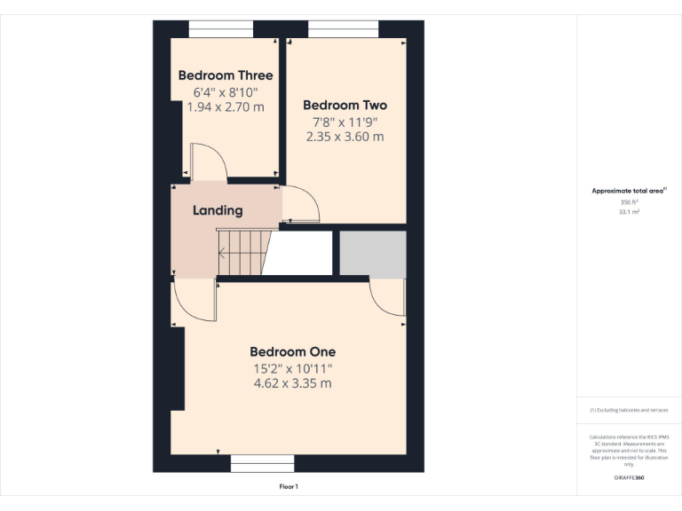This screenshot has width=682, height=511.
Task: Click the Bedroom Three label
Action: click(x=226, y=75)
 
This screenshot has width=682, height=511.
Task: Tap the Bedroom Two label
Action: click(x=345, y=105)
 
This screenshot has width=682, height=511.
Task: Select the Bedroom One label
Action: click(x=292, y=351)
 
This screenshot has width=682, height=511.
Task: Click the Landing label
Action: click(x=218, y=210)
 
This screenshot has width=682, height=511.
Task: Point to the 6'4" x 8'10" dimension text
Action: click(x=226, y=91)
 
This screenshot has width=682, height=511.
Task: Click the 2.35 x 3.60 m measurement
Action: click(x=345, y=137)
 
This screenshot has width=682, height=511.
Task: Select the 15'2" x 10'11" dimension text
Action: click(x=292, y=368)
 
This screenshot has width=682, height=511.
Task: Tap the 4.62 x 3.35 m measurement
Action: click(x=292, y=383)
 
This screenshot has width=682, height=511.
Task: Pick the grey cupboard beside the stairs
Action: click(x=373, y=254)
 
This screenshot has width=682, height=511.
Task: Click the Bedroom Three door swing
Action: click(x=207, y=163)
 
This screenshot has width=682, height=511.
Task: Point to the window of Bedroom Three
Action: click(x=221, y=33)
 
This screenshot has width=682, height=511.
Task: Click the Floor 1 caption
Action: click(x=289, y=486)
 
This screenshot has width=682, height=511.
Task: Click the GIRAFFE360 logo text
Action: click(x=629, y=478)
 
